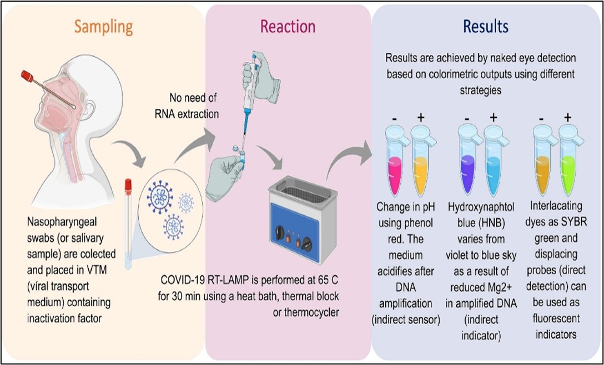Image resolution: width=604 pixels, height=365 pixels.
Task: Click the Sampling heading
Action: [104, 27]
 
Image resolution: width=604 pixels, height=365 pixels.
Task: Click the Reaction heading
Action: [288, 27]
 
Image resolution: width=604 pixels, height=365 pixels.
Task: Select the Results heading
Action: [486, 27]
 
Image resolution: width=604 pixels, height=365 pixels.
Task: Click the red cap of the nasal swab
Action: [27, 76]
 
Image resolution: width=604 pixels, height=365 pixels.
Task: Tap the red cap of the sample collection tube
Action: [128, 186]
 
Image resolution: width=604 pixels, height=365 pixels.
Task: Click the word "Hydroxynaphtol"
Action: [481, 207]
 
